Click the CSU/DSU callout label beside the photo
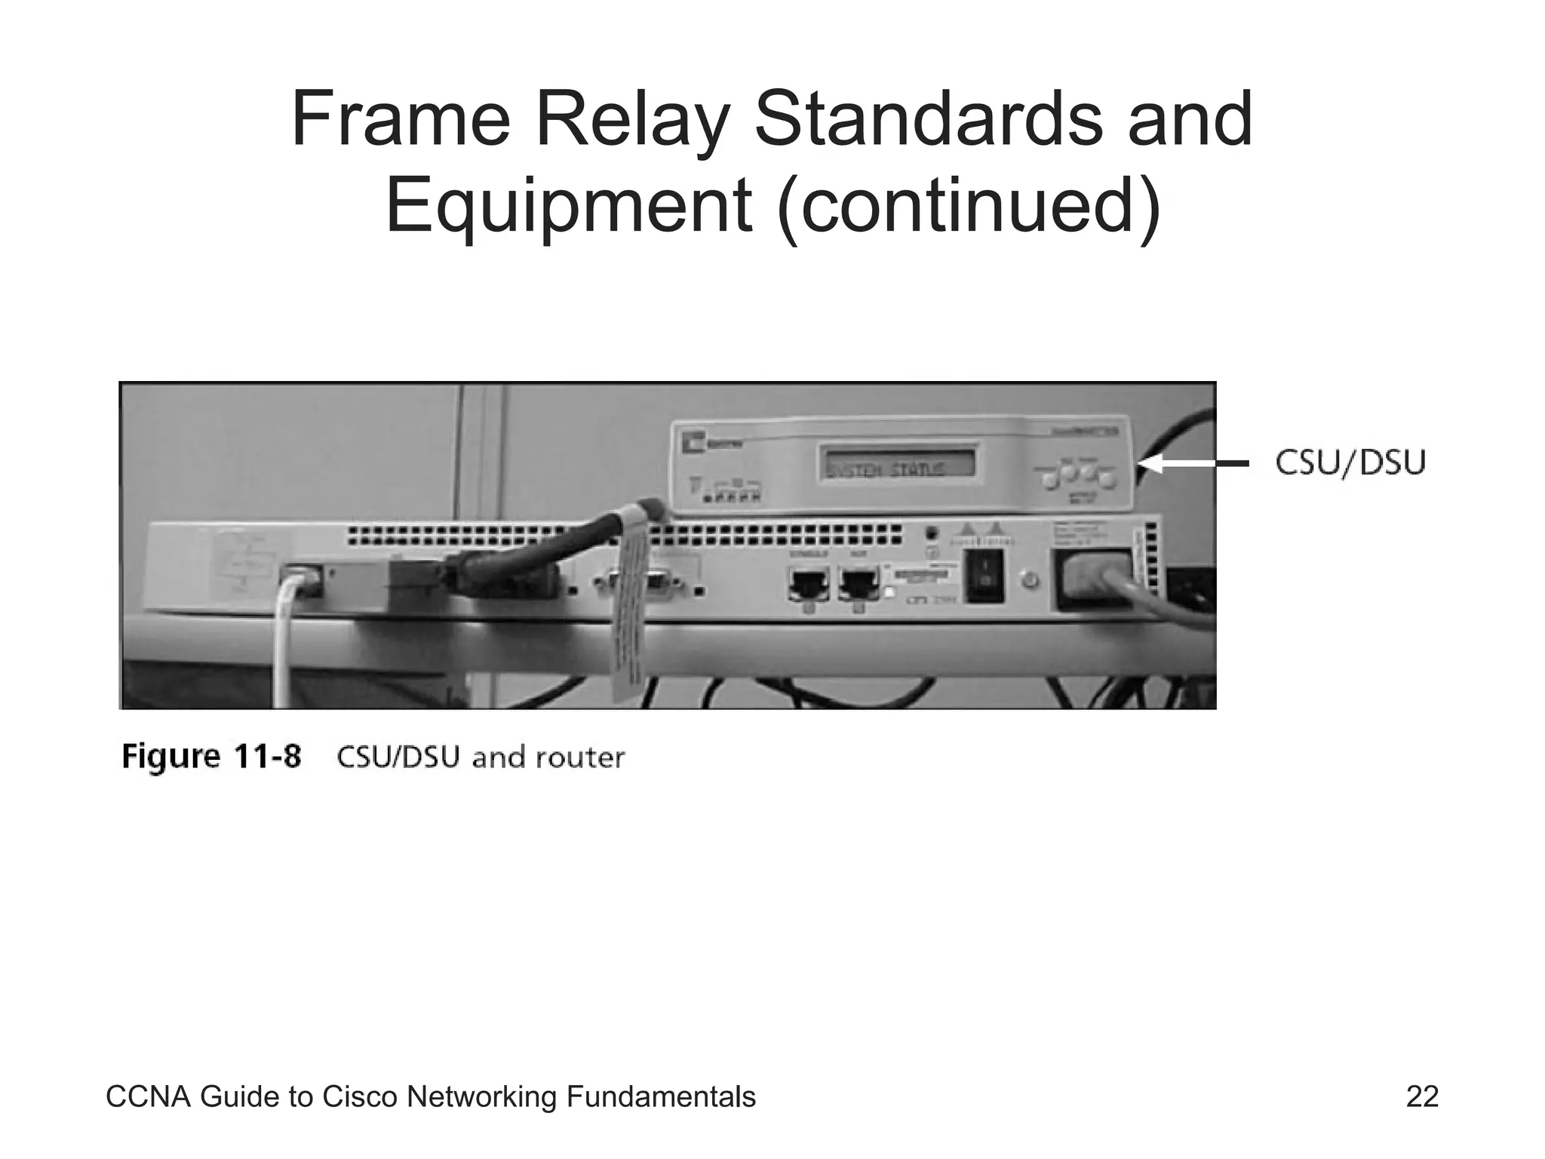pyautogui.click(x=1350, y=463)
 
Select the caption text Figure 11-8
pyautogui.click(x=211, y=756)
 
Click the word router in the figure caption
pyautogui.click(x=580, y=757)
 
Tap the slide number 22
pyautogui.click(x=1422, y=1096)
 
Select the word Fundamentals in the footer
pyautogui.click(x=660, y=1096)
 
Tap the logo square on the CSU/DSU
pyautogui.click(x=694, y=444)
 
